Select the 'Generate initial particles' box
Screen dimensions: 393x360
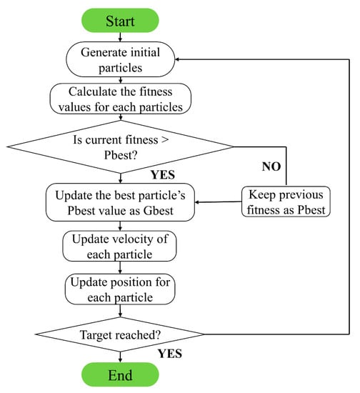[x=121, y=61]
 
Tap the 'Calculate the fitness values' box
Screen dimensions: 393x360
[x=120, y=99]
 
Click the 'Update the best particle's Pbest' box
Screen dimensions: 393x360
[x=120, y=202]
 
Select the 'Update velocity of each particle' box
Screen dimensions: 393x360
[x=120, y=246]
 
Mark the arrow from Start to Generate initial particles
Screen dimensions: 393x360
[x=121, y=38]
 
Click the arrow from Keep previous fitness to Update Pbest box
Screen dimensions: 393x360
[x=217, y=202]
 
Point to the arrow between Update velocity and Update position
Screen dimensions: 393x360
[x=120, y=268]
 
